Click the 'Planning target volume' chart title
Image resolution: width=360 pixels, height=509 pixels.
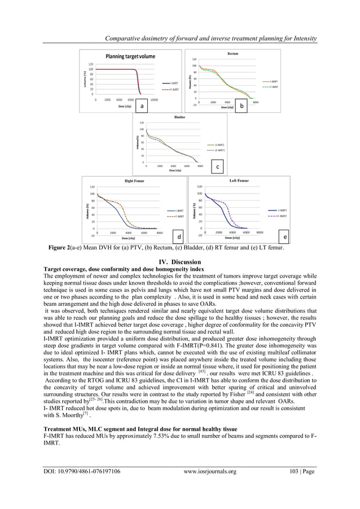click(x=130, y=56)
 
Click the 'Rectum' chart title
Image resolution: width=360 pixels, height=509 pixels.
click(x=232, y=54)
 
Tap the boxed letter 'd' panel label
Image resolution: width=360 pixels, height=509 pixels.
click(x=178, y=238)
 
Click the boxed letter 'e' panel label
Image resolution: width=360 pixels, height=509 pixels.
click(x=285, y=238)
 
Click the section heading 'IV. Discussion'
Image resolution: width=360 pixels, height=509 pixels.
click(x=180, y=262)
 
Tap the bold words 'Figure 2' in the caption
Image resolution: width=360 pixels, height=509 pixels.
click(x=58, y=248)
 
